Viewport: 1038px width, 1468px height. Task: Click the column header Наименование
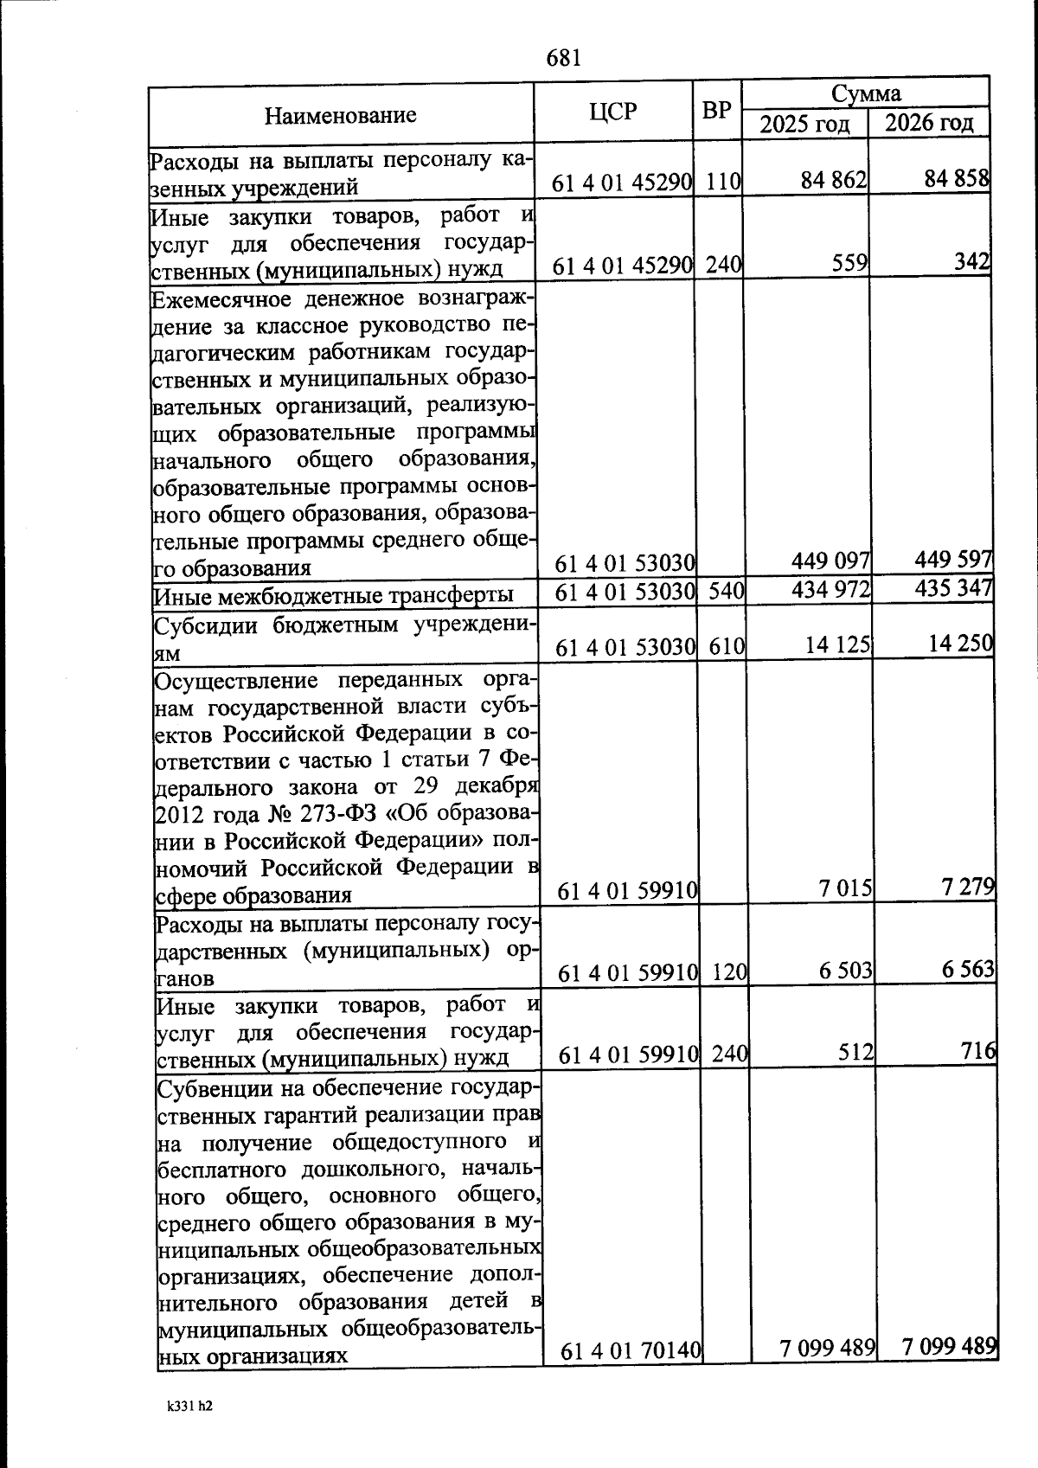point(340,115)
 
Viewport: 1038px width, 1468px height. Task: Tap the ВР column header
point(716,111)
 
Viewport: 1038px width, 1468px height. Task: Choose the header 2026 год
point(929,122)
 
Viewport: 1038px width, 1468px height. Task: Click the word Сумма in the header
point(866,93)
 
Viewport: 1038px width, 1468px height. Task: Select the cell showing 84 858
point(955,179)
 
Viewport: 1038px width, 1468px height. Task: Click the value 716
point(979,1052)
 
